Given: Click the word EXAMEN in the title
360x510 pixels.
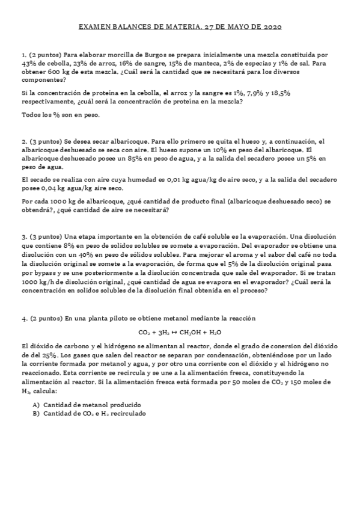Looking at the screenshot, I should click(x=93, y=27).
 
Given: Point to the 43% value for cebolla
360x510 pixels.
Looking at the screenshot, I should click(x=28, y=63).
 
